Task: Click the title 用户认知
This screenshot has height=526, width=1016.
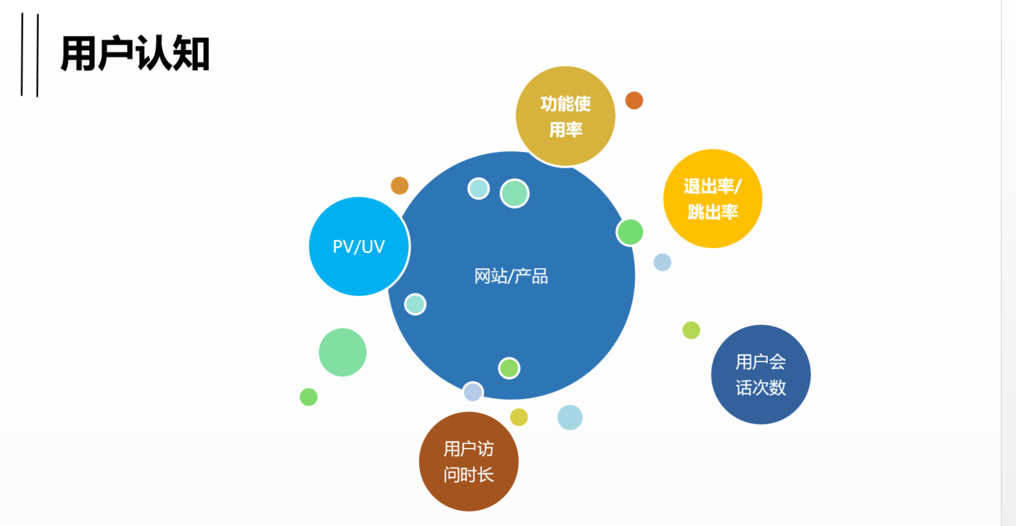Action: pyautogui.click(x=135, y=54)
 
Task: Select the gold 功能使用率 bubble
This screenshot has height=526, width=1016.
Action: pyautogui.click(x=565, y=116)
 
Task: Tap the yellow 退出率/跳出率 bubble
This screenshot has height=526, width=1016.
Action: pyautogui.click(x=712, y=198)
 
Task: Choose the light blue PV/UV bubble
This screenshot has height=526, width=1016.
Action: pyautogui.click(x=358, y=246)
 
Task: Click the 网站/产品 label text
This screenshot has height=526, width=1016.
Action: pyautogui.click(x=511, y=276)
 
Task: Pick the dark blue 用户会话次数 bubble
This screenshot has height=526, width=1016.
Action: pyautogui.click(x=761, y=375)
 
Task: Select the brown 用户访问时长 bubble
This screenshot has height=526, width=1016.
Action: pyautogui.click(x=468, y=462)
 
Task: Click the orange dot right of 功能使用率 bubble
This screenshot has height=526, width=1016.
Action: pyautogui.click(x=634, y=100)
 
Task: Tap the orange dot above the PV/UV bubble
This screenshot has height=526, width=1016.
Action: pyautogui.click(x=400, y=185)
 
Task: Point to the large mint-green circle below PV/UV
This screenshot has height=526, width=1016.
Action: pyautogui.click(x=342, y=353)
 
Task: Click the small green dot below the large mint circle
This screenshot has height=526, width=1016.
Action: pyautogui.click(x=308, y=397)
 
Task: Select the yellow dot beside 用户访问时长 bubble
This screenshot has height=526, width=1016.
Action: pyautogui.click(x=519, y=417)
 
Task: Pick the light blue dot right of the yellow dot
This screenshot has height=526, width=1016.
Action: pyautogui.click(x=570, y=417)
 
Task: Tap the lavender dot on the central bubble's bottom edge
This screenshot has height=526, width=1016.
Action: pyautogui.click(x=473, y=392)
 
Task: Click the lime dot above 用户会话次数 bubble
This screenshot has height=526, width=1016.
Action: pyautogui.click(x=691, y=330)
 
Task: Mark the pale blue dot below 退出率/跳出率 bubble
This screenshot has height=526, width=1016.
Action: pyautogui.click(x=663, y=262)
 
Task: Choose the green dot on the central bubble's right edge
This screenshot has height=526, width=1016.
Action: pyautogui.click(x=630, y=232)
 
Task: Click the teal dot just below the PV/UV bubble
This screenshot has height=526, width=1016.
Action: pyautogui.click(x=415, y=304)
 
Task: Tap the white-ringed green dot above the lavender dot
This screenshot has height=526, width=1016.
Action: pyautogui.click(x=509, y=368)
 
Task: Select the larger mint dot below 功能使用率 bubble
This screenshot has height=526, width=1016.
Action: pyautogui.click(x=515, y=194)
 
